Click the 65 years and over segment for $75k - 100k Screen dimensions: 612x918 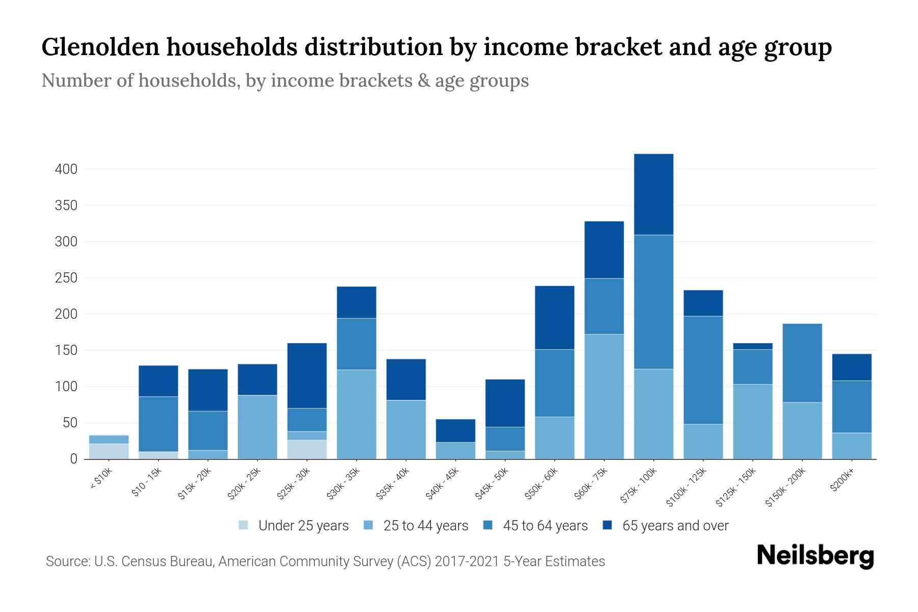653,194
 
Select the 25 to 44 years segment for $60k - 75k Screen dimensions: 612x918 604,397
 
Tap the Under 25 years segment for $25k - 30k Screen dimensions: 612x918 307,449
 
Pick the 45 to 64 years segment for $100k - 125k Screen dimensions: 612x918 703,370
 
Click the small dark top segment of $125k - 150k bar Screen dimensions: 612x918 752,346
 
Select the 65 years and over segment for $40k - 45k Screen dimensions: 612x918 455,430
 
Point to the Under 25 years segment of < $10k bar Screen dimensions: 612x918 109,451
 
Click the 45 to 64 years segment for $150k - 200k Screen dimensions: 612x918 802,363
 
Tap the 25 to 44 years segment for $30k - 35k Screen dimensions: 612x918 356,414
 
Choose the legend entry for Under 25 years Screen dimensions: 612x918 294,525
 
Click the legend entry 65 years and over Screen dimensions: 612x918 666,525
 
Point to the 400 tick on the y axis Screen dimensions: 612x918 66,169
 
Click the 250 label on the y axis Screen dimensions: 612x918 66,278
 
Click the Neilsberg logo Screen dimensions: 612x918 815,556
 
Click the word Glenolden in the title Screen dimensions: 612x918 101,47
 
